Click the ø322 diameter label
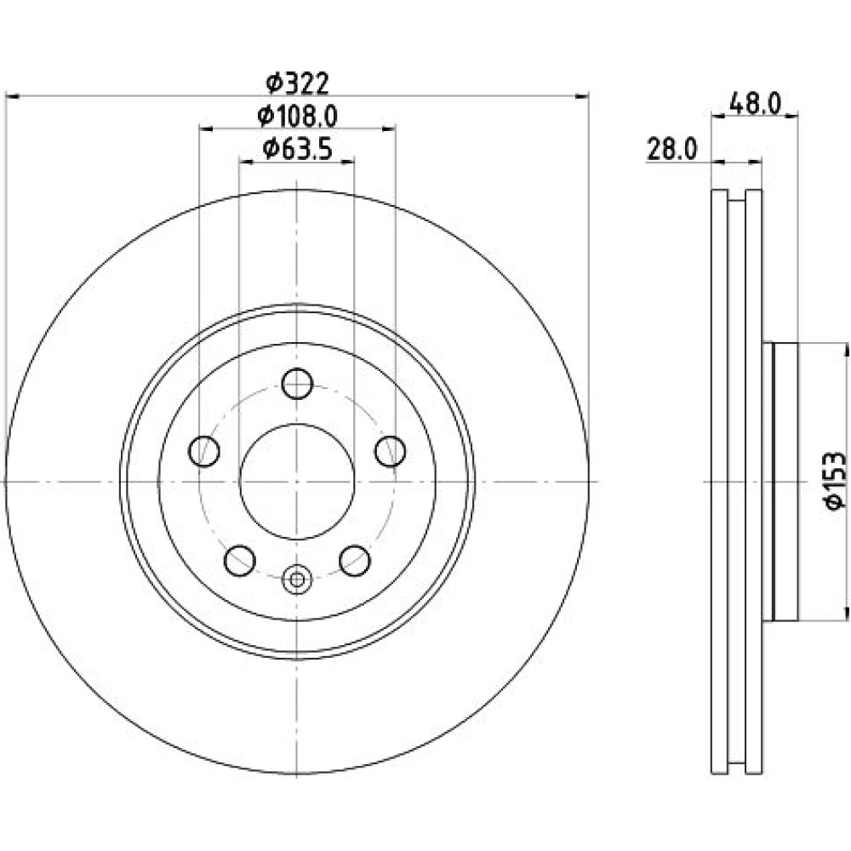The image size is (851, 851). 297,83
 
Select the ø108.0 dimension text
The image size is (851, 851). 297,116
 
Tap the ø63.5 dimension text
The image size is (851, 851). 297,149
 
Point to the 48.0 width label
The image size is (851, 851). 754,103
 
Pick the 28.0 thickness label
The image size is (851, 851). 672,149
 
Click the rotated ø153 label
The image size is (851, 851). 835,480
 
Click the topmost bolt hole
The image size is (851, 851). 297,384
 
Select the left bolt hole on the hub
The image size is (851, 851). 204,451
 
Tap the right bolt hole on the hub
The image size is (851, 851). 391,451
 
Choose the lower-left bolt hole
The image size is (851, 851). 239,561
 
